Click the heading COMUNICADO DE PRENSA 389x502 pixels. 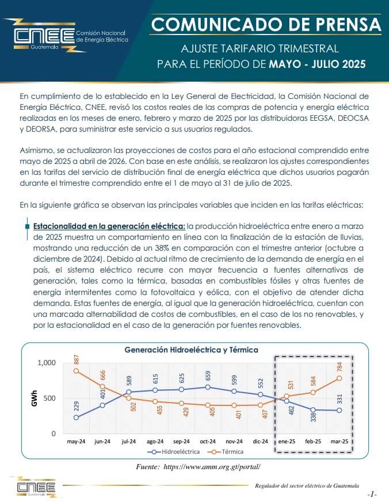click(x=266, y=24)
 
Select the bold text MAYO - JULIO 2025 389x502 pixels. click(x=317, y=64)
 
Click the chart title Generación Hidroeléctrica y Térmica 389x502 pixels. click(x=191, y=350)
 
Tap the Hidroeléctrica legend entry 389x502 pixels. click(x=173, y=452)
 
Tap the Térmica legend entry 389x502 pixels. click(x=226, y=452)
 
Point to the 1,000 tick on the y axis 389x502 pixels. click(x=47, y=363)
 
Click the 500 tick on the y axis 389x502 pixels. click(x=49, y=398)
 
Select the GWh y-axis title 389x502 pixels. click(x=35, y=398)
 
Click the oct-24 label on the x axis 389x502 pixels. click(x=208, y=441)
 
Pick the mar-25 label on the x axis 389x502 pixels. click(x=340, y=441)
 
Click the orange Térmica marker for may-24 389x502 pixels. click(x=76, y=371)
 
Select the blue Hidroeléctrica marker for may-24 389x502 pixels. click(x=76, y=417)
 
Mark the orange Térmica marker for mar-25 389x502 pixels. click(x=340, y=378)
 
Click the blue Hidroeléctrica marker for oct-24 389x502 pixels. click(x=208, y=387)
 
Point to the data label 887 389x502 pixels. click(x=77, y=359)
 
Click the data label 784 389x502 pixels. click(x=340, y=366)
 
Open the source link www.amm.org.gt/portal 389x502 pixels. click(x=212, y=467)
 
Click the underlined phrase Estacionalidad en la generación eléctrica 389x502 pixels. click(x=109, y=227)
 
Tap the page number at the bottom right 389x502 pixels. click(x=372, y=495)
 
